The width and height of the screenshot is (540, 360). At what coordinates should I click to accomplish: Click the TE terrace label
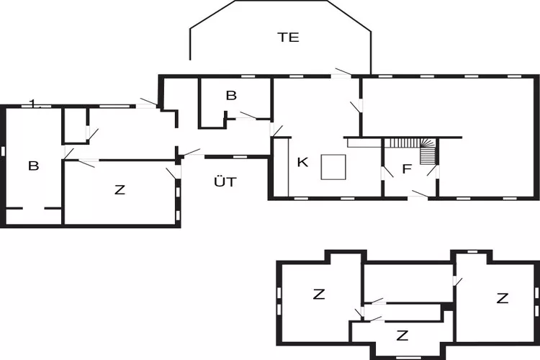(x=288, y=37)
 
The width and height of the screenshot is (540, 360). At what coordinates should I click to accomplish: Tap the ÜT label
(x=225, y=181)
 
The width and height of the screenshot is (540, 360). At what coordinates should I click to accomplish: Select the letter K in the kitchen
(x=302, y=162)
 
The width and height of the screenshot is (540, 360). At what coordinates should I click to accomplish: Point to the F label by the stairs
(x=407, y=168)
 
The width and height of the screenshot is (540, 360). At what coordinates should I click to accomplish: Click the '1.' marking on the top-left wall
(x=33, y=103)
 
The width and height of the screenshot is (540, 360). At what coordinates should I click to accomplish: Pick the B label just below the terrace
(x=231, y=95)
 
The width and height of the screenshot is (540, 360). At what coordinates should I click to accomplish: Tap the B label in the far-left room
(x=33, y=166)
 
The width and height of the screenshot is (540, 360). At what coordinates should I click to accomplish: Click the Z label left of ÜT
(x=120, y=189)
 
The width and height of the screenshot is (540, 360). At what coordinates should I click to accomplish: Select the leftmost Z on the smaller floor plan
(x=319, y=294)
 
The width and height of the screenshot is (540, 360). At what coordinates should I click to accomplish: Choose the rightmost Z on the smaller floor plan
(x=503, y=298)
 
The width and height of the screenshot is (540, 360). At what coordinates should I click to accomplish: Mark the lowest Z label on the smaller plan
(x=402, y=336)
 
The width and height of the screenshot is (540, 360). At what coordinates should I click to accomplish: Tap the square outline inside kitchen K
(x=333, y=167)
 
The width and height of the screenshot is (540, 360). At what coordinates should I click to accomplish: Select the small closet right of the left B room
(x=75, y=126)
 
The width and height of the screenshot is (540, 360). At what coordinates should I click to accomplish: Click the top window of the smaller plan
(x=473, y=252)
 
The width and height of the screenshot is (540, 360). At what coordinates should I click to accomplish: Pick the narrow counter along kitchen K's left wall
(x=282, y=167)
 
